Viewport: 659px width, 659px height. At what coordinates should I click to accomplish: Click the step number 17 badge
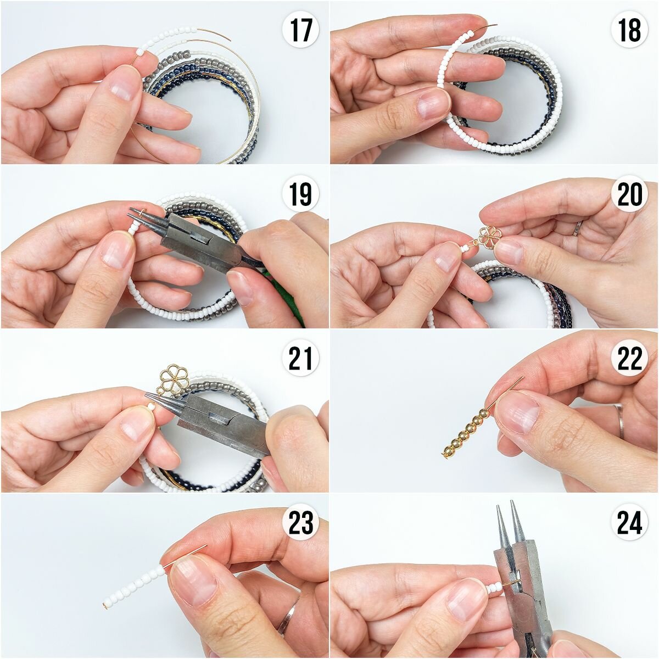300,30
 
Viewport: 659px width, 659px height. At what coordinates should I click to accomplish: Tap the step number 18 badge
629,30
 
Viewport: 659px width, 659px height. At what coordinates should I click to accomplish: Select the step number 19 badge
300,194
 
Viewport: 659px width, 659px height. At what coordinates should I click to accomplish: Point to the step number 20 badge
629,194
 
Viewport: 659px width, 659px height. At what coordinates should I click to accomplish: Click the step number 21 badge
300,359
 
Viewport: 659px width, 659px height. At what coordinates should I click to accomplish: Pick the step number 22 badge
629,359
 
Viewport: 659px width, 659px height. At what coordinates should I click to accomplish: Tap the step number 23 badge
300,523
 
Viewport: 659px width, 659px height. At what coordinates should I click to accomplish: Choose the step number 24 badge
629,523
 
